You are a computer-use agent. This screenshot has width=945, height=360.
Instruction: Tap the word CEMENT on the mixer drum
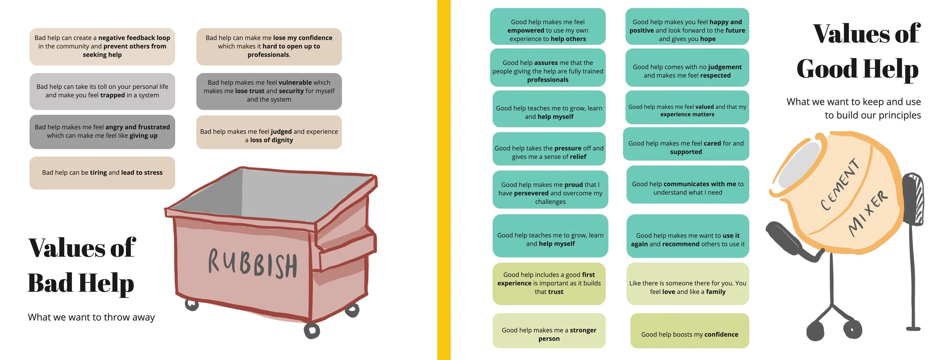(x=840, y=184)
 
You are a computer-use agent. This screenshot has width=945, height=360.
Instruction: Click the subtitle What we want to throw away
(x=91, y=317)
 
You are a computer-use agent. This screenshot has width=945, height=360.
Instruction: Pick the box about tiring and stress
(x=102, y=173)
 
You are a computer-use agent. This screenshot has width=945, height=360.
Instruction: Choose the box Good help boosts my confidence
(x=689, y=331)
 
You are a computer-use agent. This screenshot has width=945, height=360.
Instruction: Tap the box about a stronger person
(x=549, y=331)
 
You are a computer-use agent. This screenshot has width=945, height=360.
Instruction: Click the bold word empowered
(x=525, y=31)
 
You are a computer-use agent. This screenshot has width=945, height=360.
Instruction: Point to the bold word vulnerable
(x=295, y=82)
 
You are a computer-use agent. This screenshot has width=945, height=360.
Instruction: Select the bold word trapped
(x=112, y=95)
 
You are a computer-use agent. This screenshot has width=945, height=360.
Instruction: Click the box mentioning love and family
(x=688, y=284)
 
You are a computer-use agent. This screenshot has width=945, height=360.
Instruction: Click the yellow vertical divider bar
(x=444, y=180)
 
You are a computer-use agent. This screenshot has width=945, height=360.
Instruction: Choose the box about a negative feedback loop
(x=102, y=47)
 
